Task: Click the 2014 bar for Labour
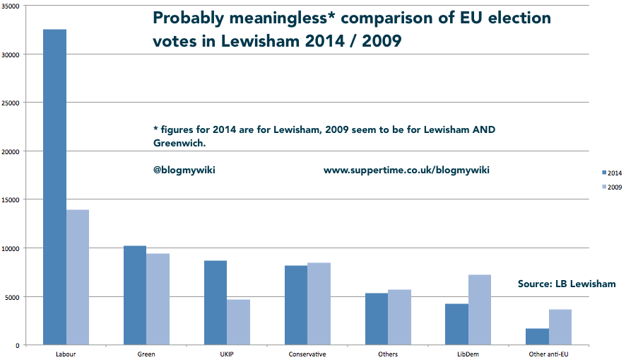pyautogui.click(x=55, y=187)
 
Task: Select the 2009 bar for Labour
pyautogui.click(x=78, y=277)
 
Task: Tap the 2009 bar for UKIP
pyautogui.click(x=238, y=322)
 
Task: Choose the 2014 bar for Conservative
pyautogui.click(x=296, y=305)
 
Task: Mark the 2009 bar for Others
pyautogui.click(x=399, y=317)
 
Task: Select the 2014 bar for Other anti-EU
pyautogui.click(x=537, y=337)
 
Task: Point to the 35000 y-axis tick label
pyautogui.click(x=14, y=6)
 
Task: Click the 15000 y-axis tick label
pyautogui.click(x=14, y=199)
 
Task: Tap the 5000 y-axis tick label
pyautogui.click(x=16, y=296)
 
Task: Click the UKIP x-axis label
pyautogui.click(x=227, y=354)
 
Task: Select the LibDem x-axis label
pyautogui.click(x=468, y=354)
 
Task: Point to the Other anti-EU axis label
pyautogui.click(x=548, y=354)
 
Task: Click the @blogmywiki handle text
pyautogui.click(x=184, y=170)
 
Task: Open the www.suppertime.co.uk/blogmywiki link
pyautogui.click(x=406, y=170)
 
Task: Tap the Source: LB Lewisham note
pyautogui.click(x=567, y=284)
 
